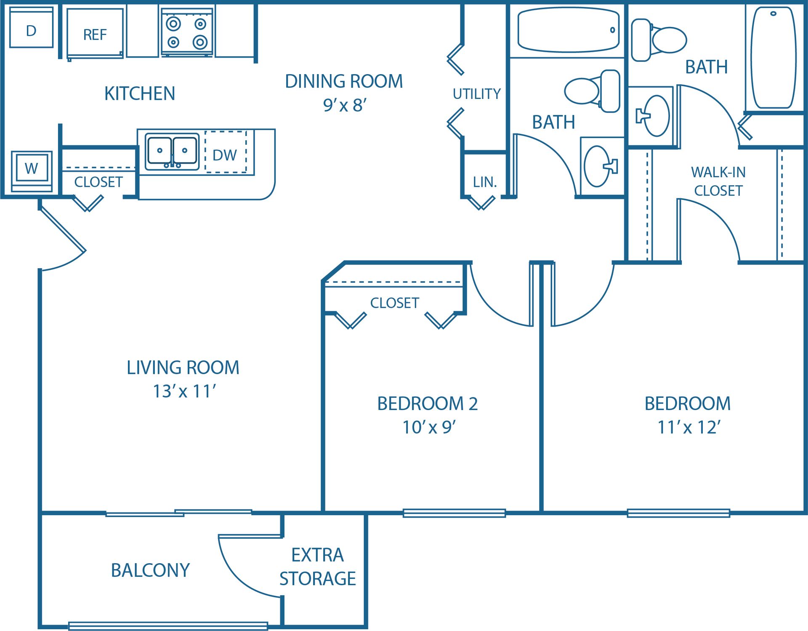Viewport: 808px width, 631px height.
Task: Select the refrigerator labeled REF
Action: pyautogui.click(x=95, y=34)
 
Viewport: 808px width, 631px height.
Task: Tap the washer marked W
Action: pyautogui.click(x=32, y=168)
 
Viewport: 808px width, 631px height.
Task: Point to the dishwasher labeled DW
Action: pyautogui.click(x=225, y=154)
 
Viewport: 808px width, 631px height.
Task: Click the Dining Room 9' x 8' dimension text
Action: pyautogui.click(x=345, y=105)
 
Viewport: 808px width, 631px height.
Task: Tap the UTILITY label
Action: pyautogui.click(x=476, y=93)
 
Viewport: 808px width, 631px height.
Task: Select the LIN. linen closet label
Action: pyautogui.click(x=484, y=182)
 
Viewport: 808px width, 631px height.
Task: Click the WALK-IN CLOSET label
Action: pyautogui.click(x=718, y=181)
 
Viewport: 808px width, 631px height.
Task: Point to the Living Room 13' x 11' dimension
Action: pyautogui.click(x=184, y=391)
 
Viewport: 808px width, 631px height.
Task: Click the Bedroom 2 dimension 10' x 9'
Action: pyautogui.click(x=429, y=427)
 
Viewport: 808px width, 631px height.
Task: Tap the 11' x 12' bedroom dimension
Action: pyautogui.click(x=688, y=427)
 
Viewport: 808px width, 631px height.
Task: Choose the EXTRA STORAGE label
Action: pyautogui.click(x=318, y=567)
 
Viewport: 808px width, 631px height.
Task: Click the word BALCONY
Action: pyautogui.click(x=150, y=570)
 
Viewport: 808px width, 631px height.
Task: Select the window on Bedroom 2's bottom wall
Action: pyautogui.click(x=454, y=513)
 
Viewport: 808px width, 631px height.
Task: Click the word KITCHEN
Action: pyautogui.click(x=140, y=93)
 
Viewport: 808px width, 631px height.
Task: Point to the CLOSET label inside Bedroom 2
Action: pyautogui.click(x=394, y=303)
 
